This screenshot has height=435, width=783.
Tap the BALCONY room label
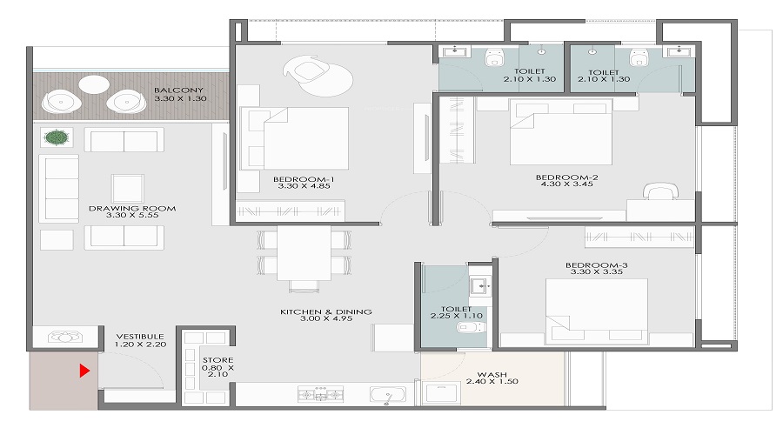tap(178, 90)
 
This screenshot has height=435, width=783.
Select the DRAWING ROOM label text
tap(132, 209)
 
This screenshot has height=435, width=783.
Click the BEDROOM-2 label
tap(566, 177)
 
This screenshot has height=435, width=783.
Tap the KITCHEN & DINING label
tap(326, 311)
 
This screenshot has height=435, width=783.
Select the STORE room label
tap(211, 358)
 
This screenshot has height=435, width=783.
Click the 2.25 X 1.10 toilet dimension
tap(456, 318)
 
